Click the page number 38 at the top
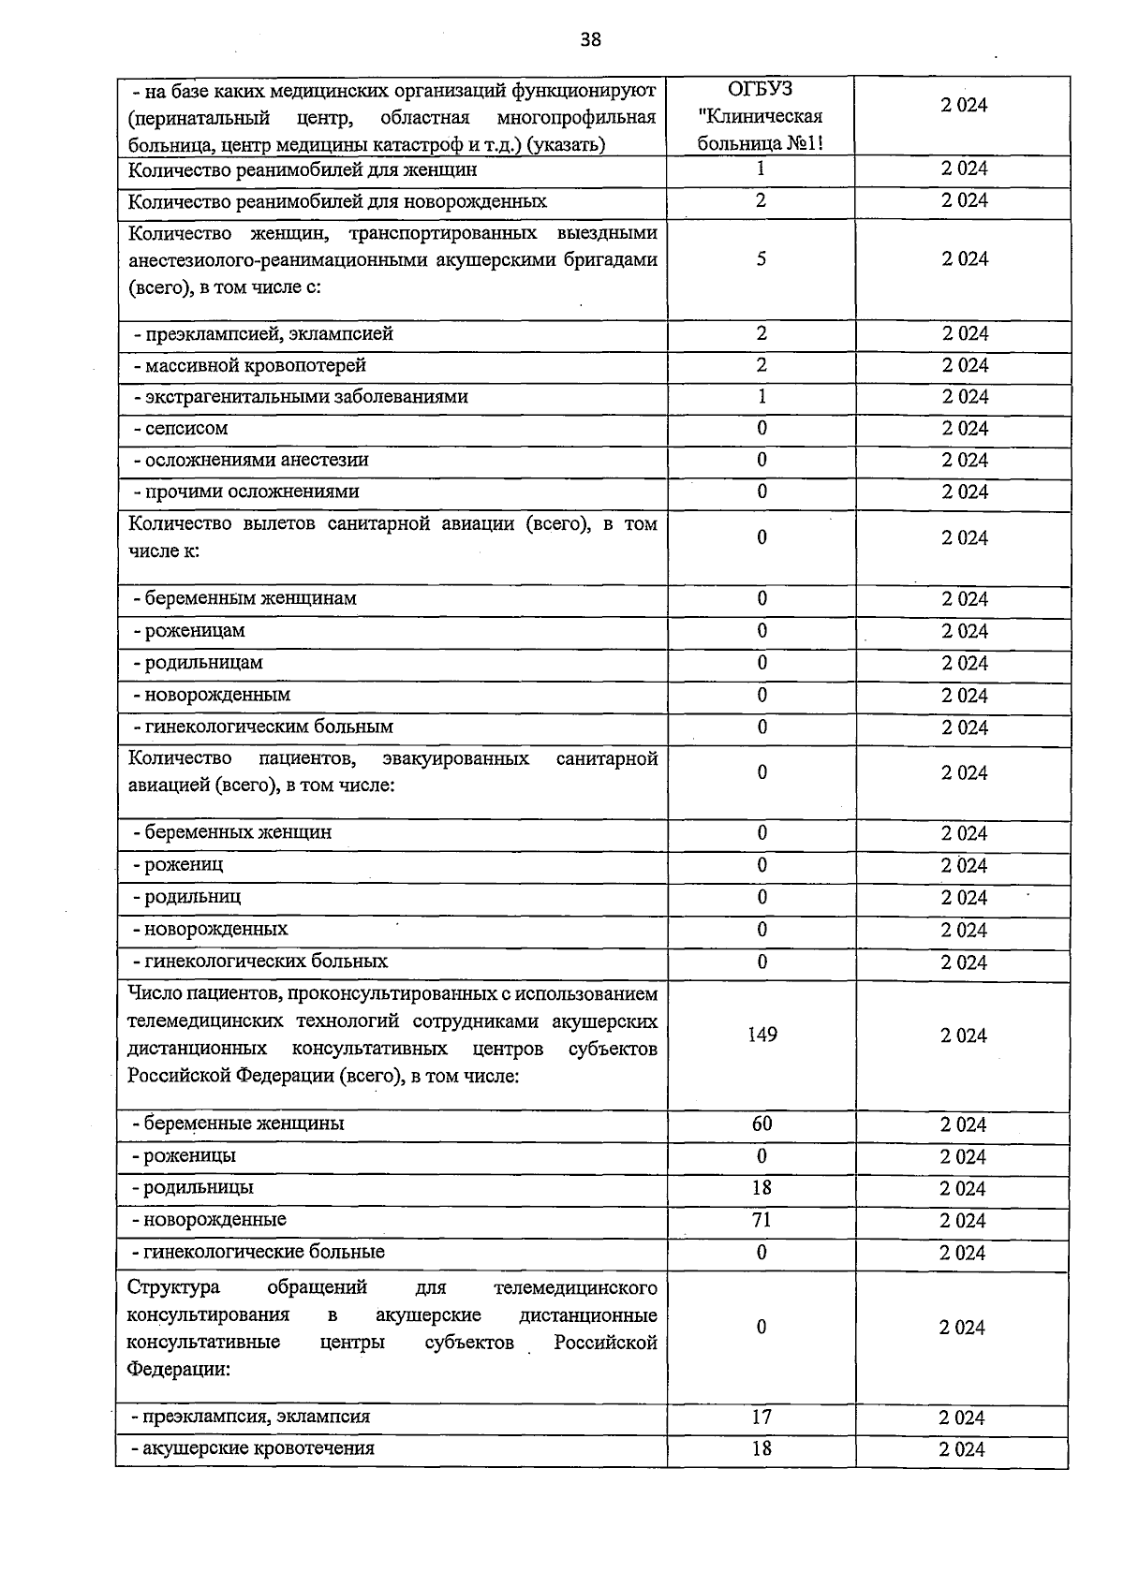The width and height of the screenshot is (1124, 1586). pos(590,39)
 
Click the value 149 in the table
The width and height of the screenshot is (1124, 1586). pos(762,1035)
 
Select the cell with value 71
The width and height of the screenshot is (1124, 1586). pos(761,1219)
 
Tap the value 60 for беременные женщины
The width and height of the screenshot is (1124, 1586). pos(761,1123)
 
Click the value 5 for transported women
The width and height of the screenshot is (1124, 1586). pos(761,259)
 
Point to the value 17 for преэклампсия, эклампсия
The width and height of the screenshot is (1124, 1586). pos(761,1417)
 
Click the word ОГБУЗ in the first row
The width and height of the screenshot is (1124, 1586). pos(760,89)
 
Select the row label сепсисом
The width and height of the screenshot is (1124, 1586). pos(185,429)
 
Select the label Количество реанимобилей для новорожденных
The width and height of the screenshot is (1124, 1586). pos(336,201)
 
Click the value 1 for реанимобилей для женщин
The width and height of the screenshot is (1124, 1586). pos(761,169)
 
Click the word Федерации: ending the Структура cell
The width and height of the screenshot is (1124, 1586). pos(178,1369)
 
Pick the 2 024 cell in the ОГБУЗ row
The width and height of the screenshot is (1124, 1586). pos(964,106)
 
